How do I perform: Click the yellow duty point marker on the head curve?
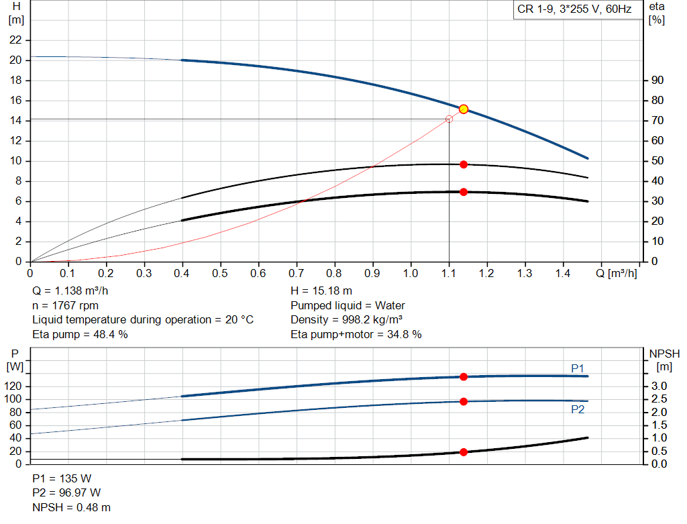463,109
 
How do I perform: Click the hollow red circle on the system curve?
449,119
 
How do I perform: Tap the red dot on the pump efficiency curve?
463,164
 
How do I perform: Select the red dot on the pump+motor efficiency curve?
463,192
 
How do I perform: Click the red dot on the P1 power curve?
463,376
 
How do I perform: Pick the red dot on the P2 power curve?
463,401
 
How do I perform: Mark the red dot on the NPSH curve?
463,452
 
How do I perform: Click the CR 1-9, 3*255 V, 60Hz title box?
574,11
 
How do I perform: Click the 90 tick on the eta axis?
657,81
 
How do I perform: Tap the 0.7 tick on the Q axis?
297,274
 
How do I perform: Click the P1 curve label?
578,368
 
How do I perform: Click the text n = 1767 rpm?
65,305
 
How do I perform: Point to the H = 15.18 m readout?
321,291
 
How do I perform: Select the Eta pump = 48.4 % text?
80,334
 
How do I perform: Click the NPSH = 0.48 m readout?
72,507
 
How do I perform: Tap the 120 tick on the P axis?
15,386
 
